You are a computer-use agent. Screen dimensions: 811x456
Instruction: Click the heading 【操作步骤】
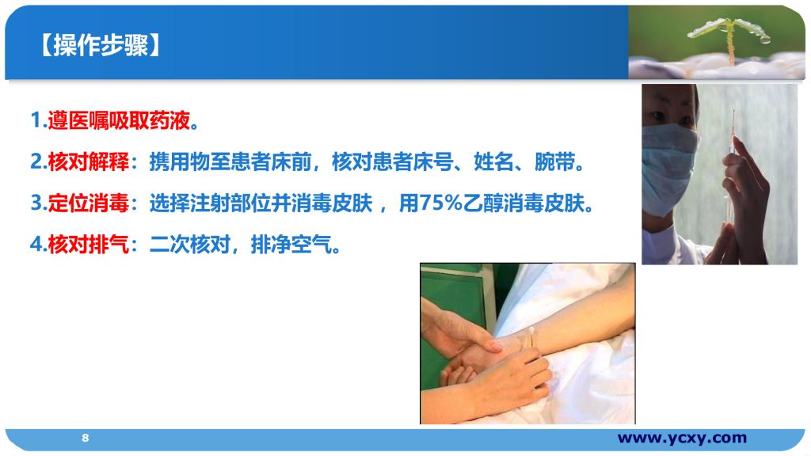[101, 45]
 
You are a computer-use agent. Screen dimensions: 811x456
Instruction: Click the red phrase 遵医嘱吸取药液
[119, 121]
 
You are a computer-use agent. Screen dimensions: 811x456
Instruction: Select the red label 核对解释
[89, 161]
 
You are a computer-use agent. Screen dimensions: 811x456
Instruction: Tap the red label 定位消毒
[89, 203]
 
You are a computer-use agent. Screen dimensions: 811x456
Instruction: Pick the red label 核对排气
[89, 244]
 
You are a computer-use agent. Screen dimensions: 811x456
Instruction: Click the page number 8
[86, 438]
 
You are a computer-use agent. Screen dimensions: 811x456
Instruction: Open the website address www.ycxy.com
[682, 438]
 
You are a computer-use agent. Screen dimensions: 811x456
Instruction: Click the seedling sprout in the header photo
[729, 36]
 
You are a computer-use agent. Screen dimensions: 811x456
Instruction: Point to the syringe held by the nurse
[730, 171]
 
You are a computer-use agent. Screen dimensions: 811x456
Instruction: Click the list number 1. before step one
[39, 121]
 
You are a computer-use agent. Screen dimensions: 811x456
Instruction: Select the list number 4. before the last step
[39, 244]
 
